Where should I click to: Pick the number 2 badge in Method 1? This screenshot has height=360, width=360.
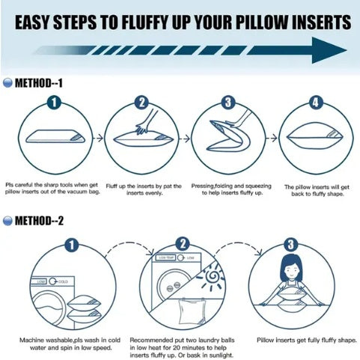[141, 103]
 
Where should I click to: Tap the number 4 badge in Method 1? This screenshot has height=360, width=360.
[315, 103]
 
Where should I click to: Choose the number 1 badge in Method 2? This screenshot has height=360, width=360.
[72, 245]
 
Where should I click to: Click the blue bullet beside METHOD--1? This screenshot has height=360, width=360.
[7, 83]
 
